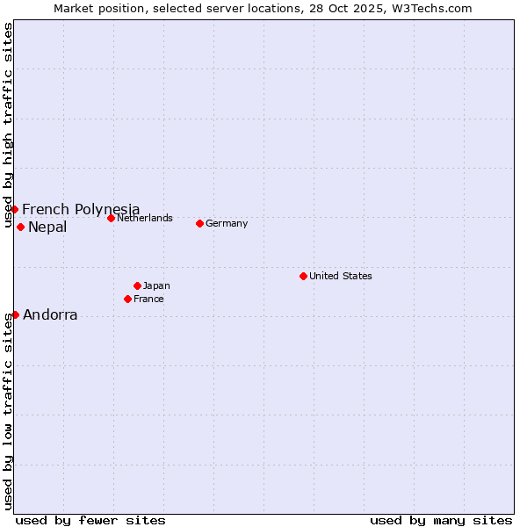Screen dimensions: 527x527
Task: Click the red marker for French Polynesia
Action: point(15,209)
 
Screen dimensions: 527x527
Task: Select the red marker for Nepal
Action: point(20,227)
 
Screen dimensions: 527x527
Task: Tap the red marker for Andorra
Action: point(15,314)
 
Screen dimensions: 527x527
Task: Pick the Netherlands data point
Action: point(111,218)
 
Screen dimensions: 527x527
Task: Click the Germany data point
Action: point(199,223)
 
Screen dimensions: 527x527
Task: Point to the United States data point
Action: point(303,276)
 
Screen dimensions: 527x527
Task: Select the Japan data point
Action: point(137,285)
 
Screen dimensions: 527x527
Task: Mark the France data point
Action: point(127,299)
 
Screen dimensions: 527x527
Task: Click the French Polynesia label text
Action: point(81,209)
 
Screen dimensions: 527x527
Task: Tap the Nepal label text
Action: point(47,227)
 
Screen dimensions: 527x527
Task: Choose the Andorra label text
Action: point(50,315)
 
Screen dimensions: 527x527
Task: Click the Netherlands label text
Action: point(145,218)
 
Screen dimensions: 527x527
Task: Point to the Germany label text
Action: point(227,223)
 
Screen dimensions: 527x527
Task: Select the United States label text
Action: point(341,276)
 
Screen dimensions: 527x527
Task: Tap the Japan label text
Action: point(156,285)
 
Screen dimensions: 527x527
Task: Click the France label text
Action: point(148,299)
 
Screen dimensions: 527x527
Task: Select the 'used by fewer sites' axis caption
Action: point(90,520)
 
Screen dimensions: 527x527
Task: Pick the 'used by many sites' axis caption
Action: point(441,520)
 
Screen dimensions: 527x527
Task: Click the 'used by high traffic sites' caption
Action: point(8,126)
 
